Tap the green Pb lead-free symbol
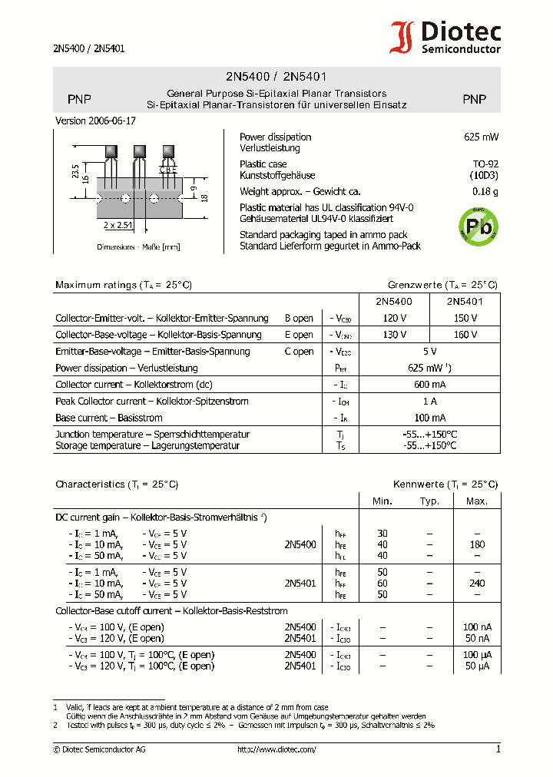(x=478, y=226)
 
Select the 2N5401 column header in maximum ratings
(x=464, y=302)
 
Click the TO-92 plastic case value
(x=485, y=164)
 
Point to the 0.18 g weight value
(x=485, y=192)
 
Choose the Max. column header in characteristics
(x=476, y=501)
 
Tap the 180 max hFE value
(x=476, y=544)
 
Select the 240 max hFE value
(x=476, y=584)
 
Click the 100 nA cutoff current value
(x=476, y=627)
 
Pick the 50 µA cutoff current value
(x=476, y=666)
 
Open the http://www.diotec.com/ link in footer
(x=276, y=749)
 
